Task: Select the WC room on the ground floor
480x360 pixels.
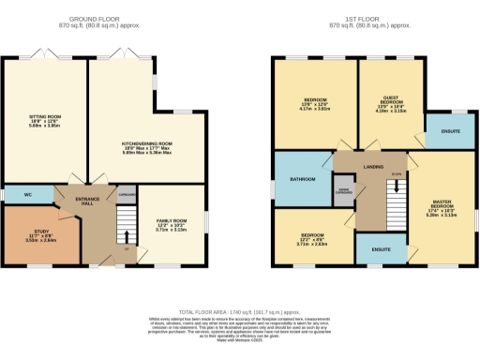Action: click(x=28, y=194)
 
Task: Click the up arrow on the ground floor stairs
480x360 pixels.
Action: click(x=125, y=249)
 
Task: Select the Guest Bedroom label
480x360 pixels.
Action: click(x=392, y=104)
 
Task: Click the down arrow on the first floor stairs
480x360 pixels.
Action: click(x=397, y=174)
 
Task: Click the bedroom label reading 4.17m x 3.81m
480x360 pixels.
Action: click(x=315, y=104)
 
